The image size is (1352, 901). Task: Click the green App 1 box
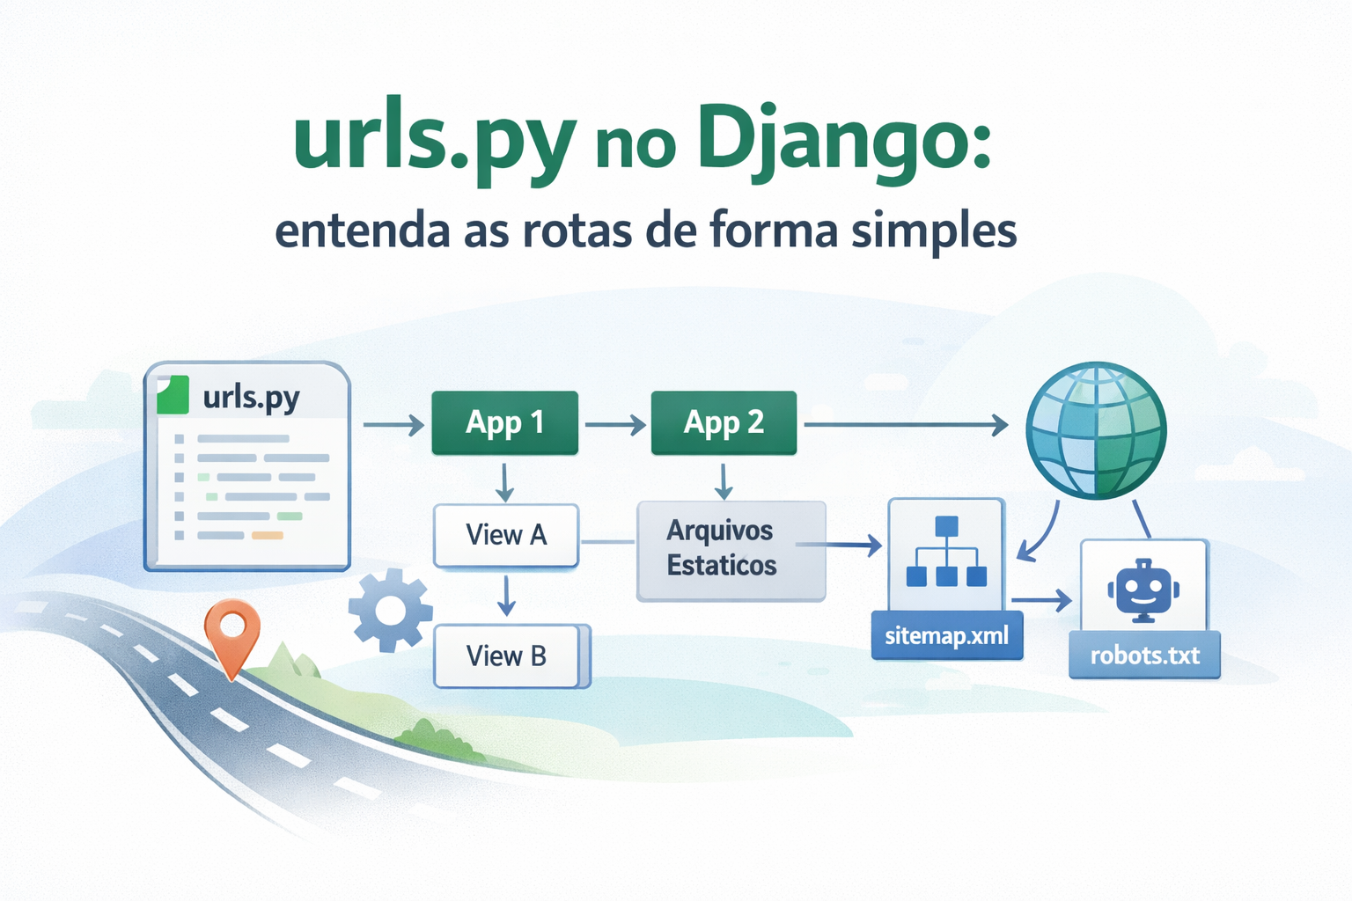click(504, 423)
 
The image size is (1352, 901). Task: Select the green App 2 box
click(724, 423)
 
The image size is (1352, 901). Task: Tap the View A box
click(506, 535)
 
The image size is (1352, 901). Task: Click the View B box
click(508, 656)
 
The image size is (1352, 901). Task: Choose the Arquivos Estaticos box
click(730, 549)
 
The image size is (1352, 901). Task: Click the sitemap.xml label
click(946, 635)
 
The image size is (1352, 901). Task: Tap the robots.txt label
click(1144, 656)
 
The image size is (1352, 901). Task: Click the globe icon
click(1096, 430)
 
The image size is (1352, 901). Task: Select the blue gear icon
click(390, 610)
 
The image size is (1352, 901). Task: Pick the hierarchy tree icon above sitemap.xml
click(946, 553)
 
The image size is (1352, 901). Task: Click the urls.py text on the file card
click(251, 398)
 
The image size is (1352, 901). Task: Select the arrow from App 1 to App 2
click(614, 426)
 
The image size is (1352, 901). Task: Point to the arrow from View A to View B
click(506, 597)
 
